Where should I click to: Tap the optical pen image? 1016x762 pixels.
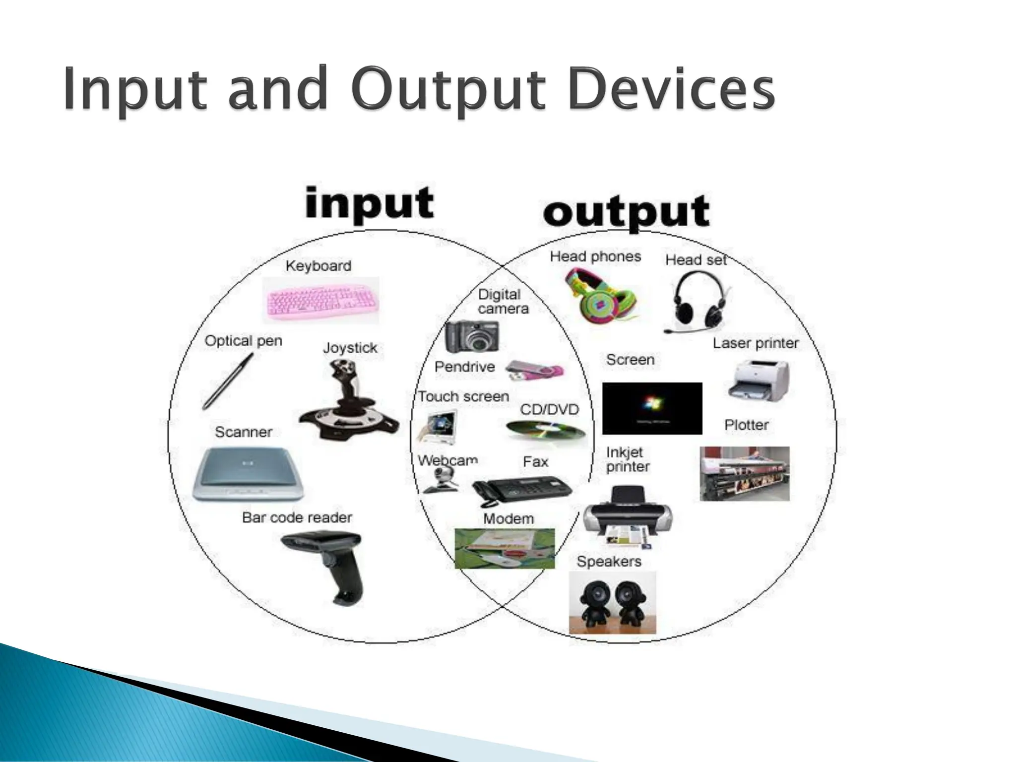(x=228, y=381)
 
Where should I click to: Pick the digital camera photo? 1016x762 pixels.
(x=471, y=336)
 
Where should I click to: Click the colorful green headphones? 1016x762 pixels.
(x=600, y=295)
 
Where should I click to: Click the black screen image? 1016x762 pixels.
(x=652, y=408)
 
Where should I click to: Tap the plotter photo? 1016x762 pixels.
(x=744, y=473)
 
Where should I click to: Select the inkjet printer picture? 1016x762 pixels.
(x=628, y=517)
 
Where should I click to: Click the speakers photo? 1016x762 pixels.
(x=612, y=602)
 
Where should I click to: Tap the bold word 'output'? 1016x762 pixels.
(x=626, y=212)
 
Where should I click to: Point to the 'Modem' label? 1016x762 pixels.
(x=508, y=519)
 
